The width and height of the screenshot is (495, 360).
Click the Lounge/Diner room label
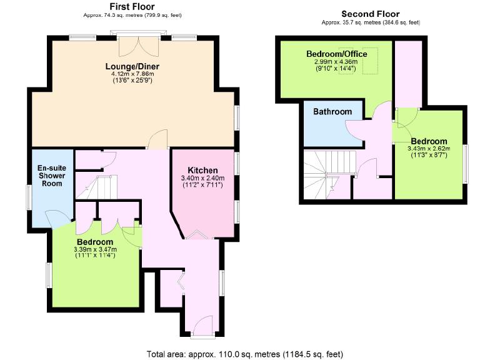(x=132, y=67)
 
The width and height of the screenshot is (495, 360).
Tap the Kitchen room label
(x=202, y=170)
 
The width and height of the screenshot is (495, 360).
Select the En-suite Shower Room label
(x=52, y=176)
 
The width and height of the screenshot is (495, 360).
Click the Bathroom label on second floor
(x=332, y=111)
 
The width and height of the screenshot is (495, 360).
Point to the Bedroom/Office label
(x=336, y=54)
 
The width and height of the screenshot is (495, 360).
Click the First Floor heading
(x=132, y=7)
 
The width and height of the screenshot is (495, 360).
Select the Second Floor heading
(x=371, y=14)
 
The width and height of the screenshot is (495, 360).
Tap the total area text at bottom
(x=245, y=354)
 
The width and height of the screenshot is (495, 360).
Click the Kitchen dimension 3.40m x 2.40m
(x=202, y=178)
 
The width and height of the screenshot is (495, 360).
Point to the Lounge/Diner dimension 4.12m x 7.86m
(x=132, y=74)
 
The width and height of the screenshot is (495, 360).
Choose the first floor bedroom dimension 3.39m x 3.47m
(x=95, y=249)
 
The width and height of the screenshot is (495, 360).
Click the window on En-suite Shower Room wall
(x=29, y=197)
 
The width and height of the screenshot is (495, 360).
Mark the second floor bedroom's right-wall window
(x=466, y=164)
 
